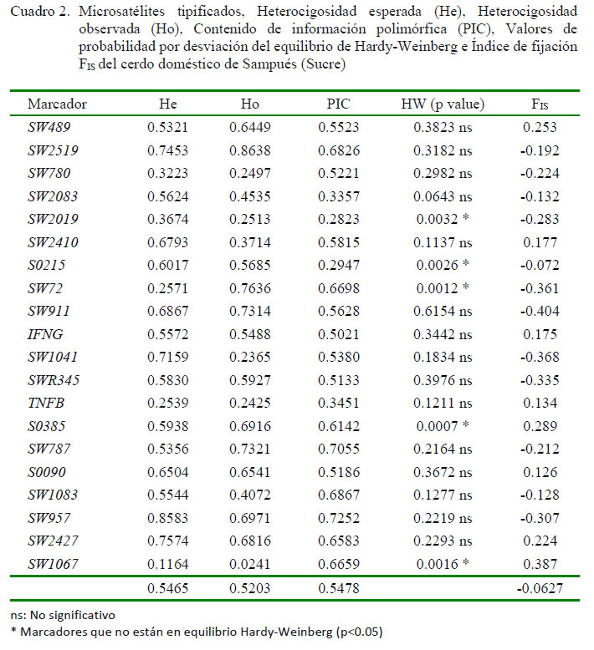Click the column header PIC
click(x=338, y=104)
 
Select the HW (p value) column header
click(x=443, y=104)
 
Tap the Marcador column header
click(x=57, y=104)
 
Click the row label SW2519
click(x=53, y=150)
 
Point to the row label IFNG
click(x=45, y=334)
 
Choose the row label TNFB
click(x=46, y=403)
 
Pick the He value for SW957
click(x=167, y=518)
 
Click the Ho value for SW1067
click(x=250, y=564)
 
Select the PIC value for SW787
click(x=339, y=449)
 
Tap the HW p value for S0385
click(x=443, y=426)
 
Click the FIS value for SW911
click(x=540, y=311)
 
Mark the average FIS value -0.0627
click(x=540, y=588)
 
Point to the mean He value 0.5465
click(x=167, y=588)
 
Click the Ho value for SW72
click(x=250, y=288)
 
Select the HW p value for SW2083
click(x=443, y=196)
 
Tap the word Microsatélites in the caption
click(x=121, y=11)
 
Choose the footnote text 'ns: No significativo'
click(x=62, y=615)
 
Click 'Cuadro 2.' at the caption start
click(x=40, y=11)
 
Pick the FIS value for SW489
click(x=540, y=127)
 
